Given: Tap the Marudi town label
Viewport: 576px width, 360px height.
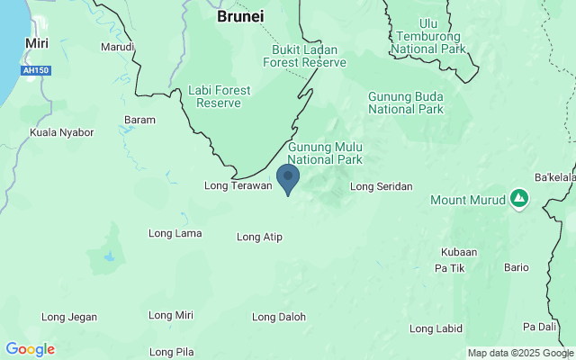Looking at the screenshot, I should pos(117,47).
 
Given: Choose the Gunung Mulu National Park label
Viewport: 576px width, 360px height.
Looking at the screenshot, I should pos(324,153).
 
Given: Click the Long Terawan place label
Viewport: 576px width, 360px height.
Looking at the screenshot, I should pos(238,186).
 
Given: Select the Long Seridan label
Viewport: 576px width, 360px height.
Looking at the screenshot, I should pos(381,186).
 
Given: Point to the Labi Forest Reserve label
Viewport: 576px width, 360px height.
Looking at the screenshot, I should pos(214,96).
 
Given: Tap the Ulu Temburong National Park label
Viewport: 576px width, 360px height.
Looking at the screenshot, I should pos(429,36).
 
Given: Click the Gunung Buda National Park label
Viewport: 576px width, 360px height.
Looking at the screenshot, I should pos(406,103).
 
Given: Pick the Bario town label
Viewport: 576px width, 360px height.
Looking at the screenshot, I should pos(517,267).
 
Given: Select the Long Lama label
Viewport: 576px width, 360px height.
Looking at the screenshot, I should pos(175,234).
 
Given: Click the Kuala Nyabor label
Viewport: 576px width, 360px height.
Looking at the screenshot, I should pos(62,132).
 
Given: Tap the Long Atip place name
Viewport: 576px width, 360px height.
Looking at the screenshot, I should pos(259,238).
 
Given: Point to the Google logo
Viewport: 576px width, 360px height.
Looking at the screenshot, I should pos(30,349).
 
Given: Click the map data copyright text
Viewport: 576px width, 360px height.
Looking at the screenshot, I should pos(520,353).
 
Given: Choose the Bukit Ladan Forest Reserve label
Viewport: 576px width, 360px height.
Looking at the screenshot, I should pos(304,56).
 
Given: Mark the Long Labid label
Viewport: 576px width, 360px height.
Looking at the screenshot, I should pos(436,328).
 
